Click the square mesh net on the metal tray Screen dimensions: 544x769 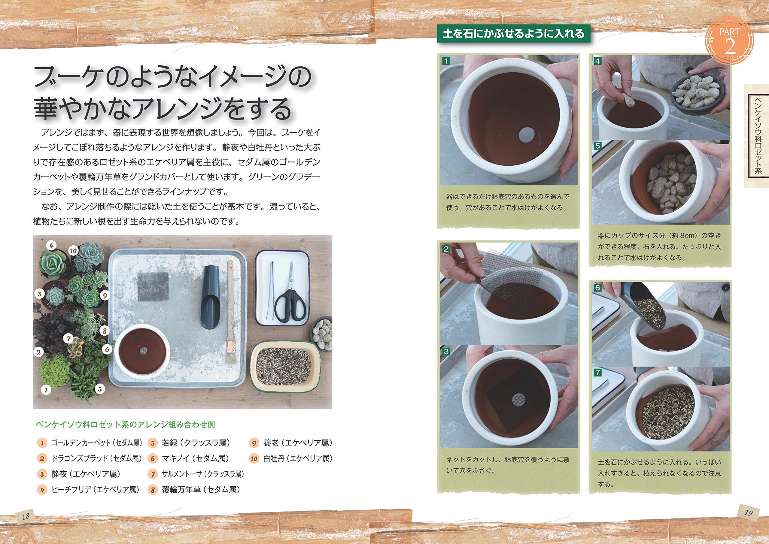coord(153,286)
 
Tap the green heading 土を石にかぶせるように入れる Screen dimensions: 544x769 coord(513,34)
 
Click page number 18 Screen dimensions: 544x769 coord(26,516)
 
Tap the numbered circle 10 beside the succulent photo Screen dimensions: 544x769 coord(73,251)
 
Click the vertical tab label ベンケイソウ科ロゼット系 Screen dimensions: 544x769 coord(756,136)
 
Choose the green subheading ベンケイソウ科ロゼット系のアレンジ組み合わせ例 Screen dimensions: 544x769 coord(125,425)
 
